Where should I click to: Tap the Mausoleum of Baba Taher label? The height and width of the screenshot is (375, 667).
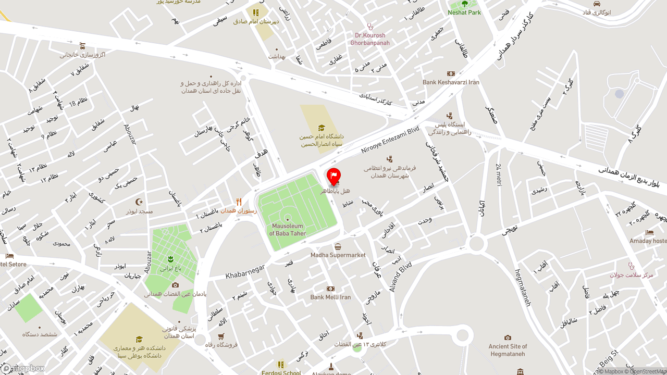pyautogui.click(x=288, y=230)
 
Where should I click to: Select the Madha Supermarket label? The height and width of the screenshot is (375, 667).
pyautogui.click(x=338, y=255)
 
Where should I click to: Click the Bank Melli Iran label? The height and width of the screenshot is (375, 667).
pyautogui.click(x=330, y=297)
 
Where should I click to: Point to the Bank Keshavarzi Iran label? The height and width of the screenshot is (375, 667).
pyautogui.click(x=451, y=82)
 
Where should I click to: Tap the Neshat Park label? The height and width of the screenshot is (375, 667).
pyautogui.click(x=464, y=12)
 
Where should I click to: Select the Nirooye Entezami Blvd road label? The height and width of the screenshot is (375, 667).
pyautogui.click(x=390, y=140)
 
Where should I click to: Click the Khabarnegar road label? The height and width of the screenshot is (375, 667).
pyautogui.click(x=245, y=271)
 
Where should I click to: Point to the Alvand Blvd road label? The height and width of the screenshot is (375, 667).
pyautogui.click(x=401, y=276)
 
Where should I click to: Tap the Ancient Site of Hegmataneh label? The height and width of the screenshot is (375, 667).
pyautogui.click(x=508, y=350)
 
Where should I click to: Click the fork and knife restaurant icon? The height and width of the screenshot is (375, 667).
pyautogui.click(x=239, y=202)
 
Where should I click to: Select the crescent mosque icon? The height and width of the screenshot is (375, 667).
pyautogui.click(x=139, y=202)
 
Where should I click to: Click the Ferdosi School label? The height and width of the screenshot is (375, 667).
pyautogui.click(x=281, y=373)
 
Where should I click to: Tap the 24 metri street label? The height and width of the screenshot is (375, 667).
pyautogui.click(x=499, y=174)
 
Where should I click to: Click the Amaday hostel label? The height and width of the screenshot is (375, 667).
pyautogui.click(x=648, y=241)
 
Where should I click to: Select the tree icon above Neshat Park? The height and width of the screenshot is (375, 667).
pyautogui.click(x=465, y=4)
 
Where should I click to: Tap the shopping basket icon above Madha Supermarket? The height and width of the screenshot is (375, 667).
pyautogui.click(x=338, y=247)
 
